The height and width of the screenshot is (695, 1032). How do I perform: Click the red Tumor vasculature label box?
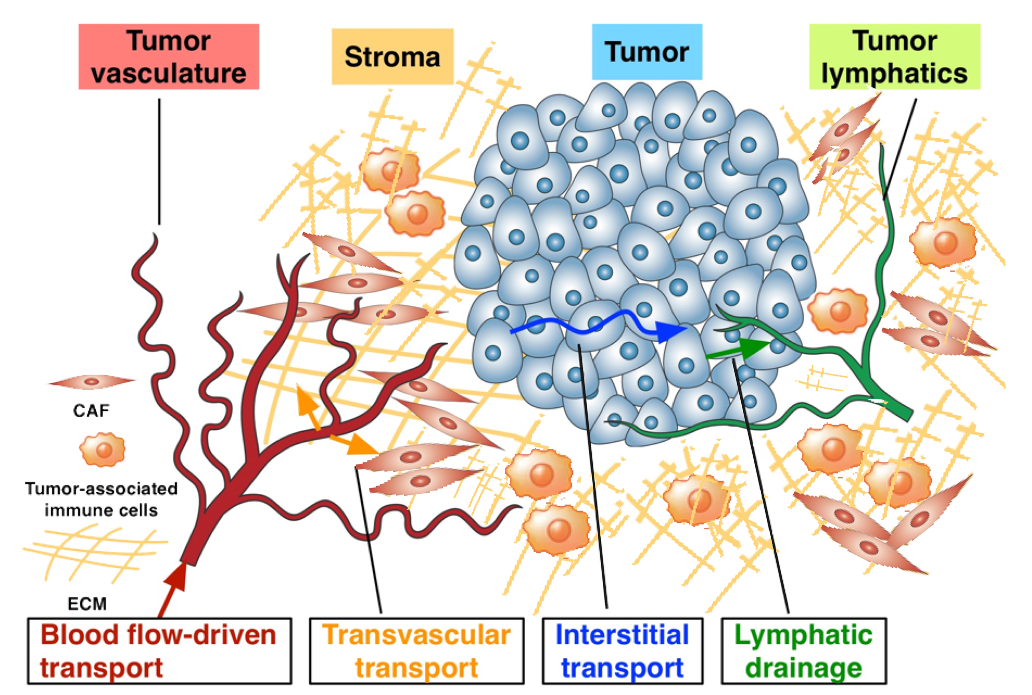click(168, 56)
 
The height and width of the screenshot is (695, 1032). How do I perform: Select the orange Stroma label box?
click(392, 56)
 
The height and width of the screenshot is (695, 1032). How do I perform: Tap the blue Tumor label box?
click(646, 52)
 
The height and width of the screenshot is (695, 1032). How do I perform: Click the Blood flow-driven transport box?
click(159, 651)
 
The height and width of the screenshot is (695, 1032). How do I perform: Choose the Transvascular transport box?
click(416, 651)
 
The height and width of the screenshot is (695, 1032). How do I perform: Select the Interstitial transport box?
click(622, 651)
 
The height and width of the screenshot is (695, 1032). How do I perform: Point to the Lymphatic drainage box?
click(804, 651)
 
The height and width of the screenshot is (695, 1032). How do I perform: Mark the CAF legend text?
click(91, 411)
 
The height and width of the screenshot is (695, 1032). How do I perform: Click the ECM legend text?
click(87, 604)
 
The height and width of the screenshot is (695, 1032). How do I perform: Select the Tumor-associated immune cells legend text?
click(101, 499)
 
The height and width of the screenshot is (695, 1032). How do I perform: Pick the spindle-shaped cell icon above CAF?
click(91, 382)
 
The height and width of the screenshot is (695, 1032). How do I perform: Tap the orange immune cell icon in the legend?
click(102, 450)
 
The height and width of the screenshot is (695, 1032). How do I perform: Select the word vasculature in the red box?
click(168, 73)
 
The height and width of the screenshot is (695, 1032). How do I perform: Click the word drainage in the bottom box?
click(804, 667)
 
